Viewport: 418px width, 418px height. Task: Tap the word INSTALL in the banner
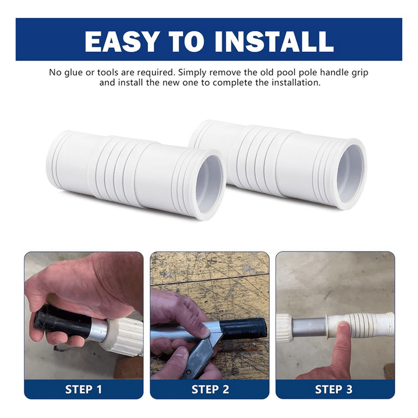[x=274, y=41]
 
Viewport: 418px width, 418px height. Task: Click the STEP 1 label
[x=83, y=390]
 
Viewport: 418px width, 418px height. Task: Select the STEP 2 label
[x=210, y=390]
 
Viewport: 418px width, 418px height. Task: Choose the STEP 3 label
[x=334, y=390]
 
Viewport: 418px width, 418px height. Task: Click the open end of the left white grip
[x=210, y=184]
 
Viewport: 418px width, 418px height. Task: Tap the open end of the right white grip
[x=351, y=174]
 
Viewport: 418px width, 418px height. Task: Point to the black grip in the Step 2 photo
[x=243, y=328]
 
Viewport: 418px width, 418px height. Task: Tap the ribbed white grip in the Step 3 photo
[x=360, y=324]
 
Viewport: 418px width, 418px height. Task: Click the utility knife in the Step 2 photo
[x=200, y=352]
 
